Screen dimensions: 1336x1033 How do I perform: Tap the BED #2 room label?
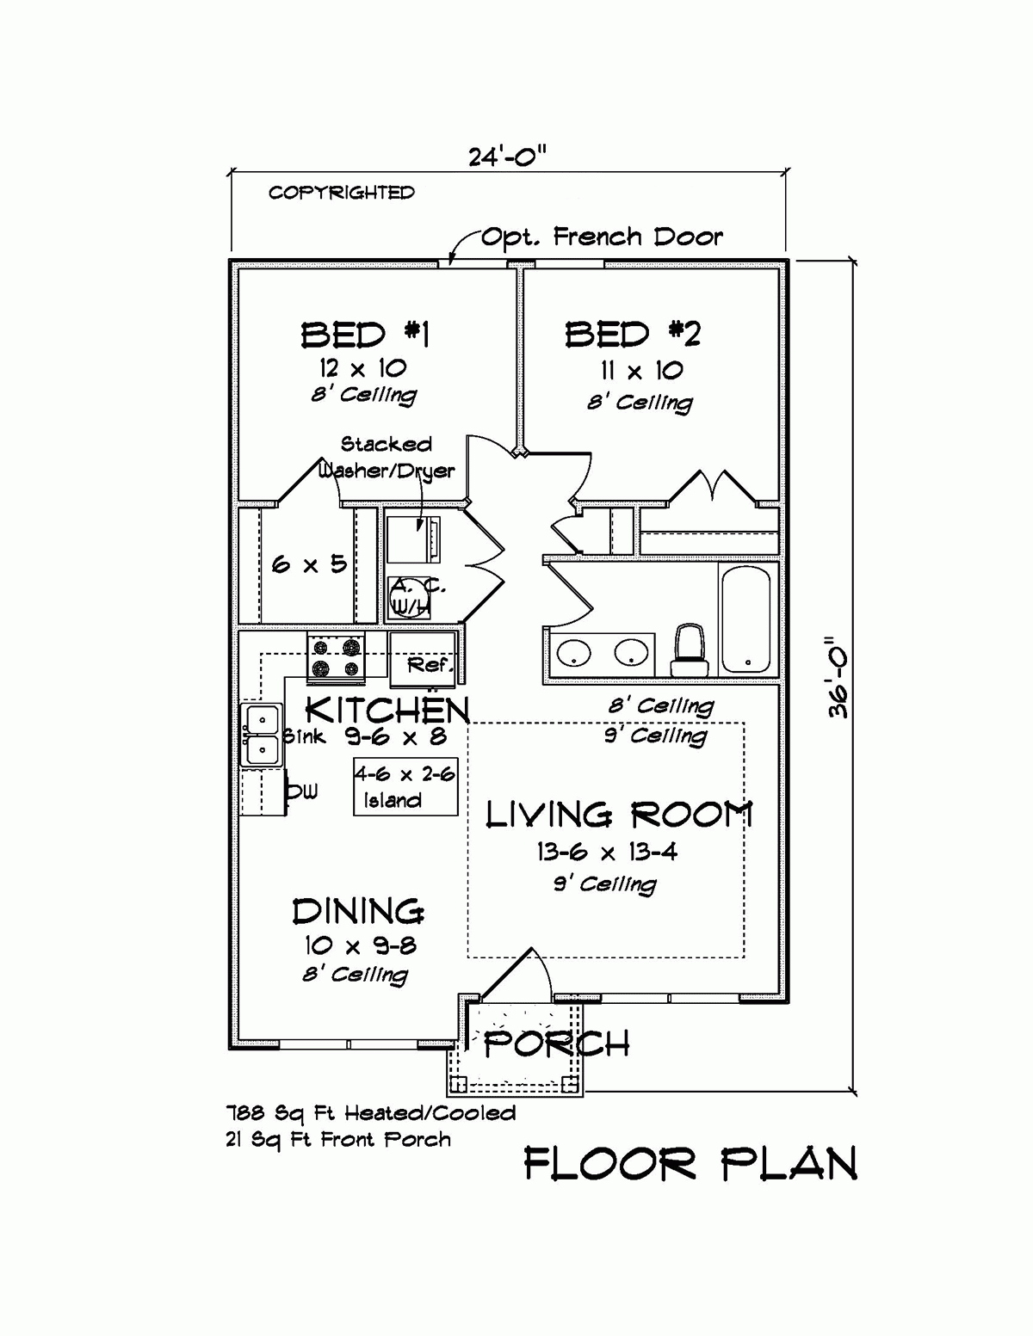point(633,334)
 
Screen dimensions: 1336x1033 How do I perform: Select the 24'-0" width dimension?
point(507,157)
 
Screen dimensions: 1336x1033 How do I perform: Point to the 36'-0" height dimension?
point(838,678)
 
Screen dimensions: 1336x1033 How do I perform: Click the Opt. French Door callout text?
point(601,237)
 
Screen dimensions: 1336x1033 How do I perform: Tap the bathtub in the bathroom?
point(747,617)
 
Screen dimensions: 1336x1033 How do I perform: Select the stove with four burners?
point(336,657)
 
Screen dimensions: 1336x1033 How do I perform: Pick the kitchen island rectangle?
point(405,786)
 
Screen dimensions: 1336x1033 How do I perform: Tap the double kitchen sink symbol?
point(261,735)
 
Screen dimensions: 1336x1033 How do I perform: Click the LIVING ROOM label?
point(619,814)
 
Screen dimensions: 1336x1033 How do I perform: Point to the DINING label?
point(357,911)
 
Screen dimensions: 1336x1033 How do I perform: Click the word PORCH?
point(556,1044)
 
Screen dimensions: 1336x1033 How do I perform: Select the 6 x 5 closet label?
point(308,564)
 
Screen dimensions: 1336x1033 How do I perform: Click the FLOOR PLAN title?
point(690,1165)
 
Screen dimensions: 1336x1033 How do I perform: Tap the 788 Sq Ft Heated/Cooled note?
point(371,1113)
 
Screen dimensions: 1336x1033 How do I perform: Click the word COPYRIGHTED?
point(341,193)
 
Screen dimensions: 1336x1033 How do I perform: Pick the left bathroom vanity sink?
point(573,654)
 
